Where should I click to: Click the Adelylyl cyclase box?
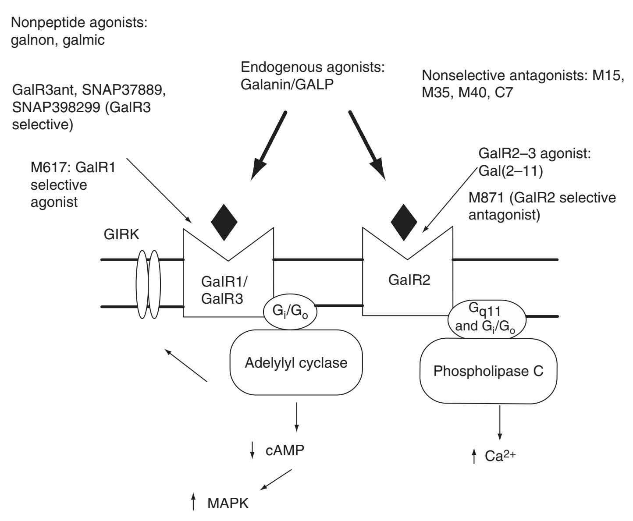(x=296, y=362)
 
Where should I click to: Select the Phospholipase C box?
(x=488, y=371)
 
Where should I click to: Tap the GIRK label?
(x=121, y=234)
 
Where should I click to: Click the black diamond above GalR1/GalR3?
(x=224, y=222)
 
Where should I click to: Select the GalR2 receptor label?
(x=409, y=280)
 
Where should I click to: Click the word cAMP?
(x=284, y=450)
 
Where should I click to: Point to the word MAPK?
(x=228, y=503)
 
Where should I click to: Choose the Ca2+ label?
(x=500, y=456)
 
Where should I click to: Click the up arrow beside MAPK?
(x=193, y=502)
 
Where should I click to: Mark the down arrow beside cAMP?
(x=252, y=450)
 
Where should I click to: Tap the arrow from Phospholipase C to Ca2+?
(x=499, y=422)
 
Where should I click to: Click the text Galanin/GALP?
(x=287, y=84)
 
